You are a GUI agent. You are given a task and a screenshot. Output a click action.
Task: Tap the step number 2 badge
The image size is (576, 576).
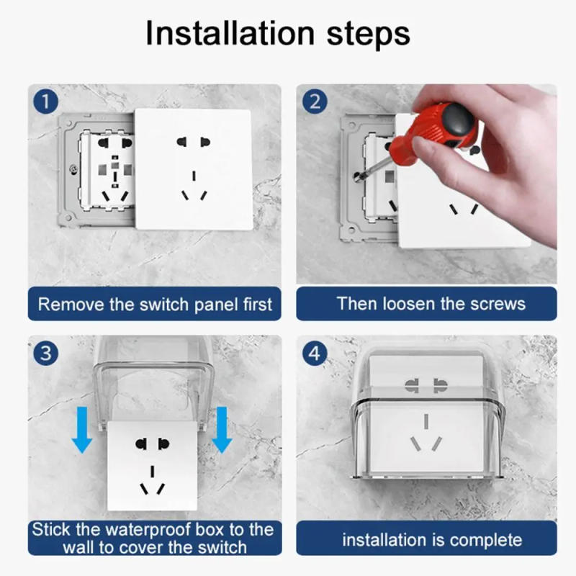pyautogui.click(x=315, y=102)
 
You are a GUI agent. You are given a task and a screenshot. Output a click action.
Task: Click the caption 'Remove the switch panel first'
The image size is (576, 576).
pyautogui.click(x=155, y=304)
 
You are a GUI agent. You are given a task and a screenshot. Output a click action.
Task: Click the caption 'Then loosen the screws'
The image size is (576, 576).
pyautogui.click(x=431, y=303)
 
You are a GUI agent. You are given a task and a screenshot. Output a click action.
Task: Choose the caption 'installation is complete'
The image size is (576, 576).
pyautogui.click(x=431, y=539)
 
